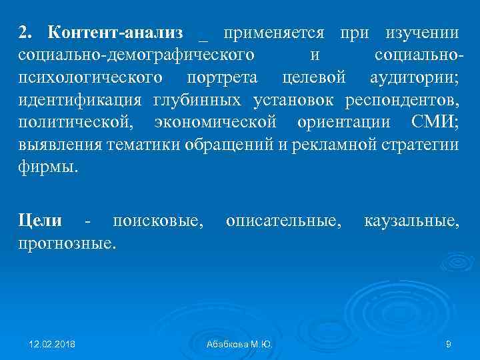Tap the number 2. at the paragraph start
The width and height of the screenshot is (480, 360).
[x=25, y=33]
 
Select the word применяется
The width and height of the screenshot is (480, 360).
[x=274, y=33]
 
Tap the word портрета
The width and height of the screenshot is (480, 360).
[x=222, y=77]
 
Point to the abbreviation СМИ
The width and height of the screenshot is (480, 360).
[x=433, y=122]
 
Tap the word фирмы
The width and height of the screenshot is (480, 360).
[x=48, y=167]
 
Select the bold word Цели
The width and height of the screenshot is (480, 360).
[x=40, y=221]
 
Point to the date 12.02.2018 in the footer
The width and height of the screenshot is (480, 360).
[x=52, y=344]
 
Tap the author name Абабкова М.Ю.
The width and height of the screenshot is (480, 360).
[x=239, y=344]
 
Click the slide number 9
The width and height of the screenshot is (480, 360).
[x=449, y=344]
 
